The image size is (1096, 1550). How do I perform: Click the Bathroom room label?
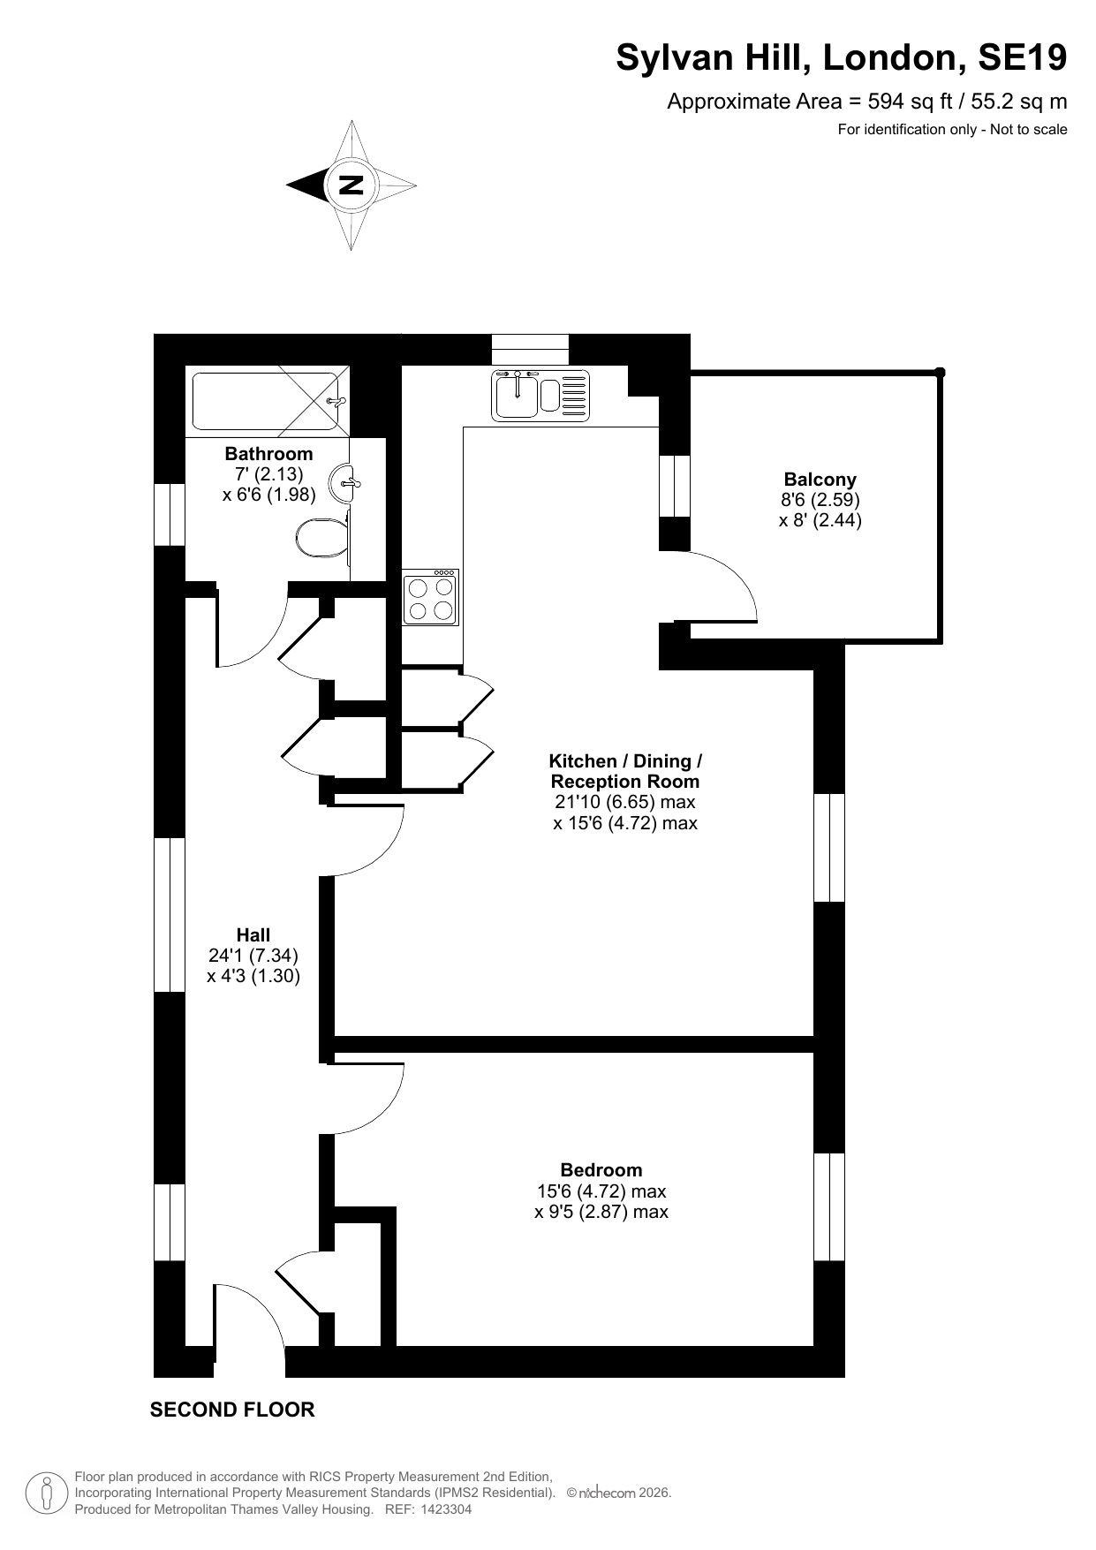(268, 454)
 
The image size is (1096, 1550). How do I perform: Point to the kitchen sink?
(540, 394)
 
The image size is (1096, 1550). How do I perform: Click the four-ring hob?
(430, 597)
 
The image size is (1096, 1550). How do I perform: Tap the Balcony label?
(820, 480)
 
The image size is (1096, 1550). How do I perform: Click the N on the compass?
(351, 185)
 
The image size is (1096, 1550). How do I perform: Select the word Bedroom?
(601, 1170)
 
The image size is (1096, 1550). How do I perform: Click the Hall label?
(253, 934)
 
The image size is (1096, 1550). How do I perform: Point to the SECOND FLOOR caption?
(232, 1410)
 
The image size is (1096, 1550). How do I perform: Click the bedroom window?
(829, 1206)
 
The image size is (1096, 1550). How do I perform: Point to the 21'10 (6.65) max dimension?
(625, 802)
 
